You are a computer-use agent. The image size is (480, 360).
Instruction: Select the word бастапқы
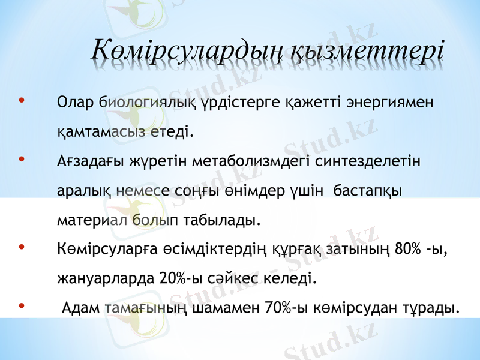click(367, 190)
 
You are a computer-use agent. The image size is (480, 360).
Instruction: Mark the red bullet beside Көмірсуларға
click(22, 247)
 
